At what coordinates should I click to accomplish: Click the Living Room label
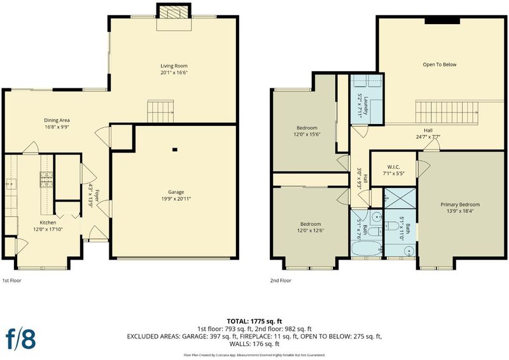click(x=174, y=66)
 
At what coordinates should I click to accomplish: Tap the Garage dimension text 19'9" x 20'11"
click(x=176, y=198)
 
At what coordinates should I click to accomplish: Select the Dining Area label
click(x=57, y=120)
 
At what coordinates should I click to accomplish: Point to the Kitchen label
click(x=48, y=223)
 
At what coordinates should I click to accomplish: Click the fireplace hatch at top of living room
click(x=174, y=13)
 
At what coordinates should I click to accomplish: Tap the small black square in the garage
click(x=175, y=149)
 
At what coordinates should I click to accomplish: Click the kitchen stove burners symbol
click(x=46, y=179)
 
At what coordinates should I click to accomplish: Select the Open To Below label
click(x=440, y=65)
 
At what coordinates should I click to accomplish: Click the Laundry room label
click(x=366, y=106)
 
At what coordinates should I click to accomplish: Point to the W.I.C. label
click(x=393, y=167)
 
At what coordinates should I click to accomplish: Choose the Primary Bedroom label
click(x=460, y=205)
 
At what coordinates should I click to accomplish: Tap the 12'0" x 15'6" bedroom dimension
click(x=307, y=134)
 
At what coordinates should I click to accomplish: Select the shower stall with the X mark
click(x=400, y=198)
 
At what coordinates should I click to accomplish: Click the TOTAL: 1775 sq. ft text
click(x=254, y=322)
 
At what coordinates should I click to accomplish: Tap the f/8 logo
click(x=21, y=338)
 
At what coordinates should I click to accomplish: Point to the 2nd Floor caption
click(x=281, y=280)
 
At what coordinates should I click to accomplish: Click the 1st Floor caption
click(x=11, y=280)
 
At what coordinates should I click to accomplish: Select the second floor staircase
click(x=447, y=113)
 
